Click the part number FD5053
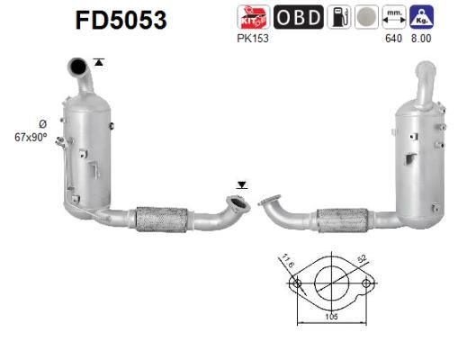click(121, 21)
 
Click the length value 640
click(392, 39)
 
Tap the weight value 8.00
click(420, 39)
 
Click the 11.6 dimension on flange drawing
click(287, 263)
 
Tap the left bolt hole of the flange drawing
click(295, 284)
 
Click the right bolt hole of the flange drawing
click(367, 284)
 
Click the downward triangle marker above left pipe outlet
click(240, 185)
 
